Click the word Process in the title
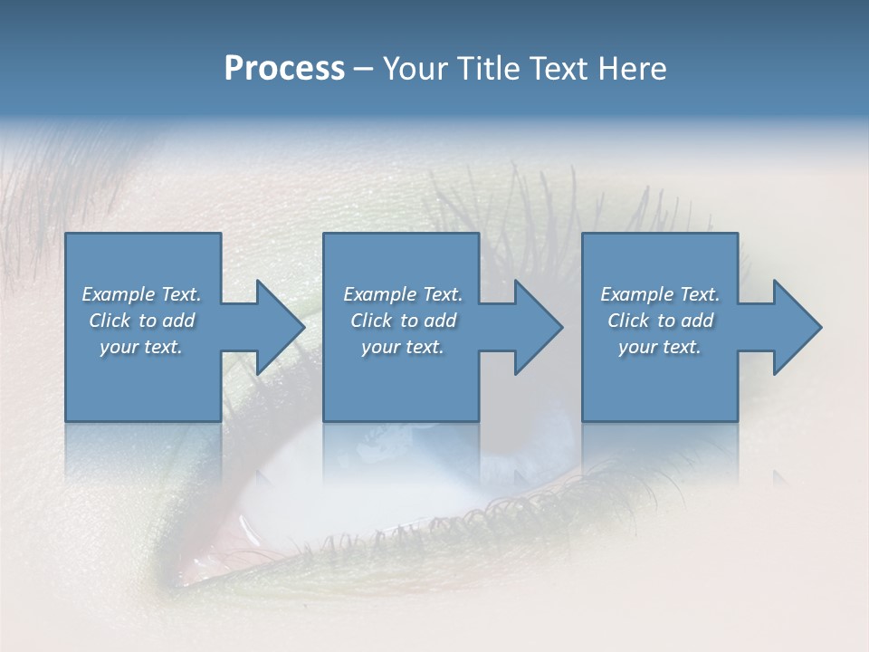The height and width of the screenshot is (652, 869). tap(284, 69)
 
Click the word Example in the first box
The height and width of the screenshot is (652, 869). tap(119, 294)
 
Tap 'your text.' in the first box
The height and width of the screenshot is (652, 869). tap(141, 347)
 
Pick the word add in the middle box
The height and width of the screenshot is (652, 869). tap(440, 321)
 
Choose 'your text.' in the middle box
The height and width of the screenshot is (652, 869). tap(402, 347)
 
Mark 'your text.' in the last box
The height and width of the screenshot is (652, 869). tap(660, 347)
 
